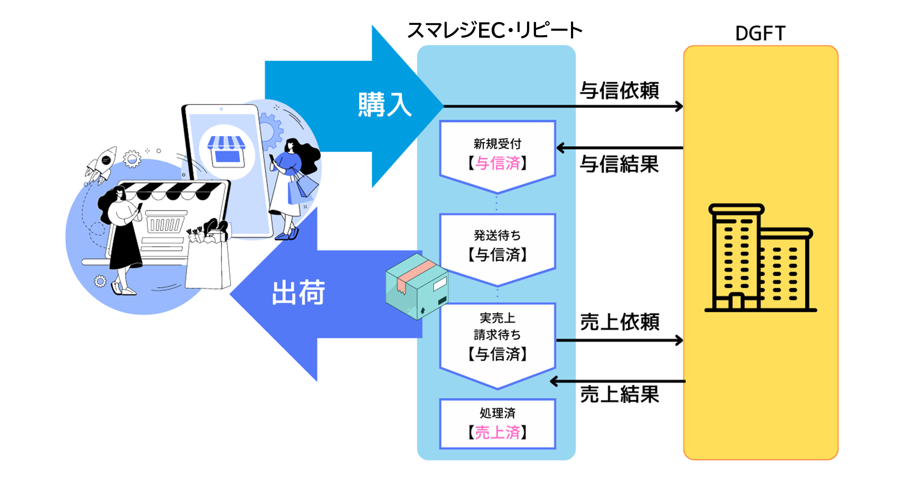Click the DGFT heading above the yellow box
pos(760,33)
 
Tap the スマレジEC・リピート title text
pos(495,31)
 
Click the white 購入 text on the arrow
pos(385,105)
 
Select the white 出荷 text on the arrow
pos(298,293)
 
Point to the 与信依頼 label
pos(619,91)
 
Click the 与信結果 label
pos(619,164)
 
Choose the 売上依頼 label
pos(620,322)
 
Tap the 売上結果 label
pos(620,394)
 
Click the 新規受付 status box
pos(497,151)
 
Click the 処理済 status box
pos(497,424)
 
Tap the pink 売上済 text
pos(497,433)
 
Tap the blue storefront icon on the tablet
pos(226,149)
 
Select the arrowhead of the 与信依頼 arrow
pos(679,107)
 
